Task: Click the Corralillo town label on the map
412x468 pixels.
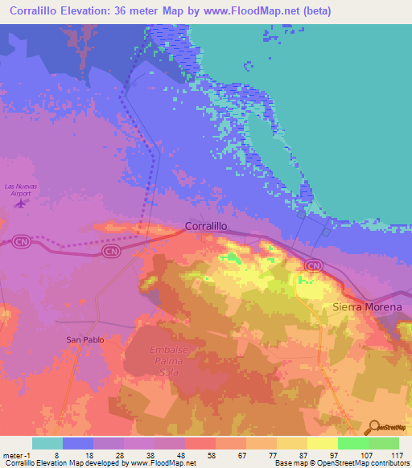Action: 211,228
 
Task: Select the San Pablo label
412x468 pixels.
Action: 84,340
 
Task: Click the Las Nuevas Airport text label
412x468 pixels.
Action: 21,189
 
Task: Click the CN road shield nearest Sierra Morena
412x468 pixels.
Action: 314,265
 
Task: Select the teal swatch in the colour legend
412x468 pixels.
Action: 47,443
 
